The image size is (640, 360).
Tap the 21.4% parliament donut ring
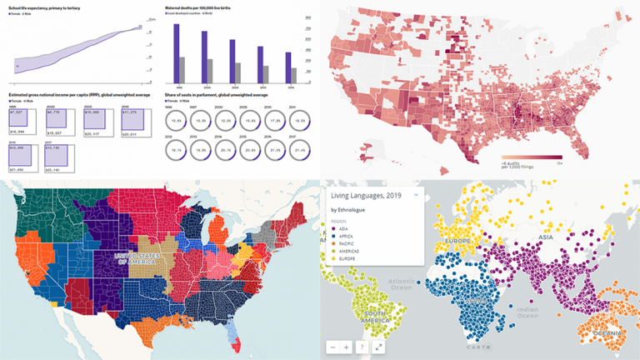coord(296,148)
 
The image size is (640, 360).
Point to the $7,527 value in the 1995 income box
coord(17,112)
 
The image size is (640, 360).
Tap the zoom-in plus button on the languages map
coord(347,347)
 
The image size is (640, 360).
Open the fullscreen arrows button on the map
coord(378,347)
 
